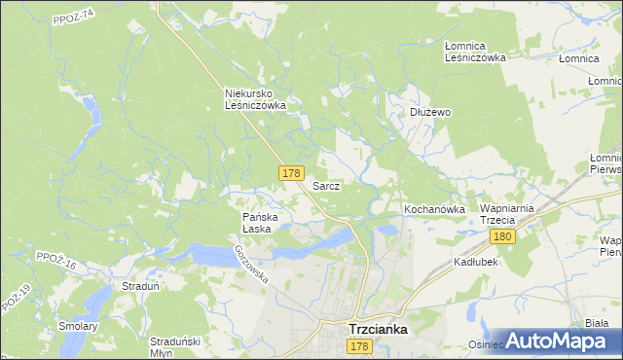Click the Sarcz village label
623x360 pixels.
click(325, 185)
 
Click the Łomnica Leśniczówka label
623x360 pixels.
click(475, 52)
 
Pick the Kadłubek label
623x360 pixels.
click(476, 263)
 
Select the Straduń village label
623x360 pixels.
click(140, 287)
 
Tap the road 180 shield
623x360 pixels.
click(502, 237)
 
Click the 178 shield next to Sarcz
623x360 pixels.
click(290, 173)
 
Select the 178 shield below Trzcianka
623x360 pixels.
click(359, 347)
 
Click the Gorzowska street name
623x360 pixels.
click(251, 264)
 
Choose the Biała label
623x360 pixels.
click(597, 323)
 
